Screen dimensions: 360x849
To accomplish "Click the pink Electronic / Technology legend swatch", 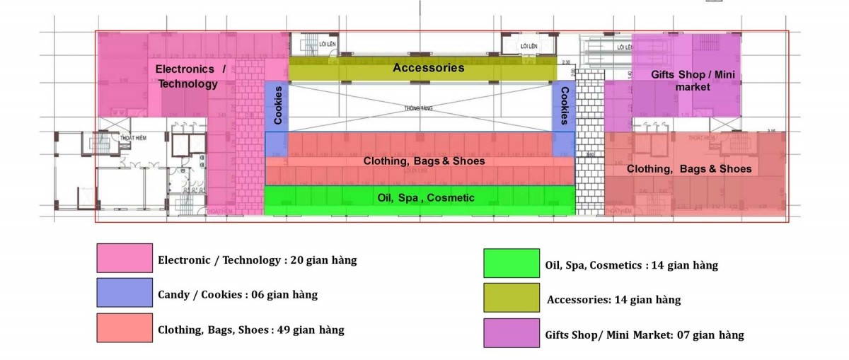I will (125, 258).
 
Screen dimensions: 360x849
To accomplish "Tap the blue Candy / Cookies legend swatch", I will (125, 293).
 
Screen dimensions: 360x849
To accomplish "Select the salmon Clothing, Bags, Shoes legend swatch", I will (125, 328).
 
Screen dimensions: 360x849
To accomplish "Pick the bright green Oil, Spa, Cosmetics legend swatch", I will (511, 263).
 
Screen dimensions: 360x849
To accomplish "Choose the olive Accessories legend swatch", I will (511, 297).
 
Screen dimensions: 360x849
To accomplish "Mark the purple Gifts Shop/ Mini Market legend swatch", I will (511, 333).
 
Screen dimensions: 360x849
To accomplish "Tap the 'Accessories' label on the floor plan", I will (428, 68).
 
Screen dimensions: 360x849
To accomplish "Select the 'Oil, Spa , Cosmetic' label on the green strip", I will (426, 198).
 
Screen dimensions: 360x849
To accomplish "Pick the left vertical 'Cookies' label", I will (278, 105).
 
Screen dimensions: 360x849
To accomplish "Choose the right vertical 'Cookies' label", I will (564, 105).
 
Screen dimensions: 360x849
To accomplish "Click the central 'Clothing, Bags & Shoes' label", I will (424, 161).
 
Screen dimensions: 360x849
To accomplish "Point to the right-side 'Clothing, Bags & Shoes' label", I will (688, 169).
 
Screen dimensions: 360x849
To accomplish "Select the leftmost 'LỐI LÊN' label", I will (328, 45).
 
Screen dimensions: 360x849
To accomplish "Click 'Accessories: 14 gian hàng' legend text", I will (613, 300).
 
